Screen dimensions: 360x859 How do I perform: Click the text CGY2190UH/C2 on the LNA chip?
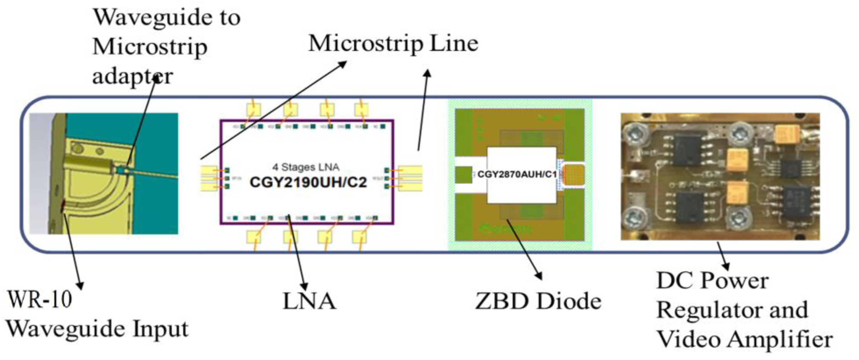click(x=308, y=182)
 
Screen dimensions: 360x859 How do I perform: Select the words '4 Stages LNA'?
click(x=306, y=167)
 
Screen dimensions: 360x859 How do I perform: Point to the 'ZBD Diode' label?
click(x=538, y=301)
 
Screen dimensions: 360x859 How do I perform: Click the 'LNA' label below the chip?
click(x=309, y=301)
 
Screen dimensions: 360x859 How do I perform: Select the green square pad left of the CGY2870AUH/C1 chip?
click(x=464, y=175)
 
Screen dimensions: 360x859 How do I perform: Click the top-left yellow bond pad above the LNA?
click(x=254, y=109)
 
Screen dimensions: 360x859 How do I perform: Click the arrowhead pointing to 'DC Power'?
click(x=726, y=267)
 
